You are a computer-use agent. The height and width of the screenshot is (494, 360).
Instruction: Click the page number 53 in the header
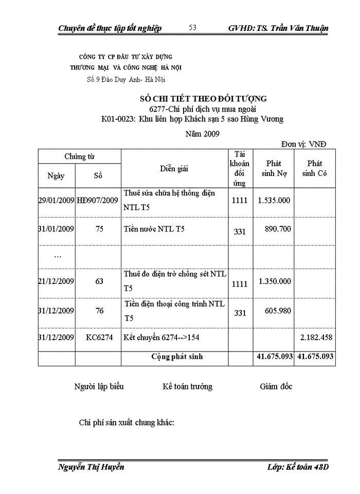coord(193,27)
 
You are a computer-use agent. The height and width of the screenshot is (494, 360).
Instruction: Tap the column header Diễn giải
coord(174,168)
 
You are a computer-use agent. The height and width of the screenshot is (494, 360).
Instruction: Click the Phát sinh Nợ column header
coord(274,168)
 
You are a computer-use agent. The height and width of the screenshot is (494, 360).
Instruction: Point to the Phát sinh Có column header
coord(315,168)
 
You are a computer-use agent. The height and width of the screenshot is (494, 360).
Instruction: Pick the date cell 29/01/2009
coord(57,200)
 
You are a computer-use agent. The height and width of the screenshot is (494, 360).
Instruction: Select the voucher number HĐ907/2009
coord(98,200)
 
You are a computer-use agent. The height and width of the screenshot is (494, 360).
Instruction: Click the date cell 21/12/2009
coord(57,281)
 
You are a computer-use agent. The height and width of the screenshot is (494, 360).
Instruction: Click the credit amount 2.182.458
coord(316,339)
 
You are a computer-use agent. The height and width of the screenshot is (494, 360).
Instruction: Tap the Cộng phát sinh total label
coord(176,356)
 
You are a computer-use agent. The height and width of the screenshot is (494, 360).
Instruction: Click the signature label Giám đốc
coord(276,386)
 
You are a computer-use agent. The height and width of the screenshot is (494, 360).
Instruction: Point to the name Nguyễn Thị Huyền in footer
coord(92,467)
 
